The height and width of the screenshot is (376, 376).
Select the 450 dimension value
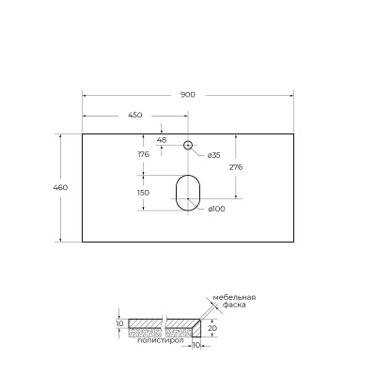135,115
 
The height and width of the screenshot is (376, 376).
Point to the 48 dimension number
162,139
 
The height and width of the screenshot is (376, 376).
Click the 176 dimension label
144,154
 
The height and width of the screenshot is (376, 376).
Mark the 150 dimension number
144,193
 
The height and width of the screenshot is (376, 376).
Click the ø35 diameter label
214,154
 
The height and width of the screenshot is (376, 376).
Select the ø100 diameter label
217,209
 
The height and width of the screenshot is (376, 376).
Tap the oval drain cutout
188,192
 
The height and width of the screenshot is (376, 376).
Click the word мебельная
234,297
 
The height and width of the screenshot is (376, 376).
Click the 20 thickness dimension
213,329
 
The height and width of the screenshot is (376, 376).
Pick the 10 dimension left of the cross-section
119,323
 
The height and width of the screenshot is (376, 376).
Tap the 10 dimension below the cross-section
196,345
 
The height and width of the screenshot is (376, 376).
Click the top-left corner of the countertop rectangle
83,133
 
